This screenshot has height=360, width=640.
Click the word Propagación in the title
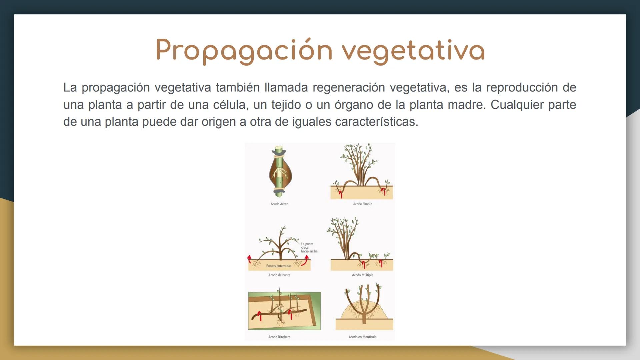(x=244, y=51)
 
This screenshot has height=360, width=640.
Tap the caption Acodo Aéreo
(x=279, y=204)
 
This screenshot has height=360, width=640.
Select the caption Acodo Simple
(x=362, y=204)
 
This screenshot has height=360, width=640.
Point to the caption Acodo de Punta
(x=279, y=275)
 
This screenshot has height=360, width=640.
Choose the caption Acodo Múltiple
(x=362, y=275)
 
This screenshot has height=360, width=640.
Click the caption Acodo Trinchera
(x=279, y=337)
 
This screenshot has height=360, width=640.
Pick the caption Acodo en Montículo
(x=362, y=337)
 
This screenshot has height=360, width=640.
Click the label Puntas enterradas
(x=279, y=266)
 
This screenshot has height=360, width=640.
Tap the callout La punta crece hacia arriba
(x=309, y=248)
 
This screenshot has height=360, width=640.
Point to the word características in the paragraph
(x=376, y=122)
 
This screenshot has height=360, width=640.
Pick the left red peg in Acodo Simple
(x=340, y=193)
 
